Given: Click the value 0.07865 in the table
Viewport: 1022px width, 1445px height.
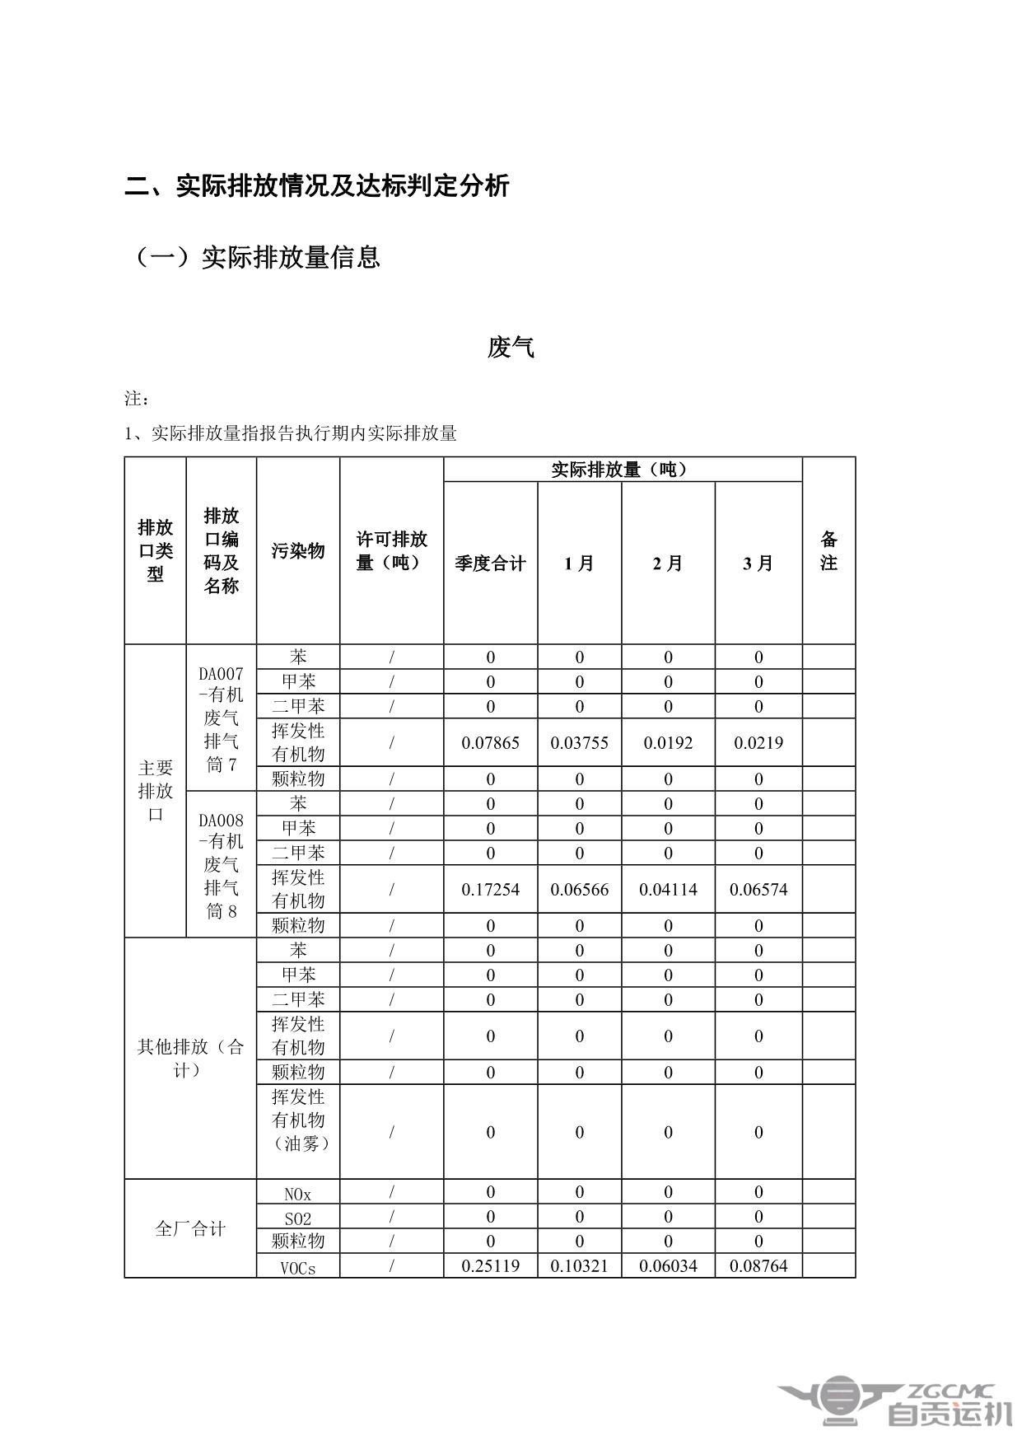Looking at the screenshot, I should [x=490, y=742].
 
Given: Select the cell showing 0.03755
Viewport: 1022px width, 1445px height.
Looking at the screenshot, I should [x=579, y=742].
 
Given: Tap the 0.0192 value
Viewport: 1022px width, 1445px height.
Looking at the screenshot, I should [x=668, y=742].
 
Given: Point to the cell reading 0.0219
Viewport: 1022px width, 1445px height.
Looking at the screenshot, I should [x=758, y=742].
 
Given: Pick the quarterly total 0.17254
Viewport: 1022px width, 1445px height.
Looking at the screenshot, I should [x=490, y=889].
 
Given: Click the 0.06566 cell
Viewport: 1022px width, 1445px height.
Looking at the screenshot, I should [x=579, y=889].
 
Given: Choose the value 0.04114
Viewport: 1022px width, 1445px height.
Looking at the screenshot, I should [x=668, y=889].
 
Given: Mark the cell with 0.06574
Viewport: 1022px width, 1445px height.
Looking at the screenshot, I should [x=758, y=889].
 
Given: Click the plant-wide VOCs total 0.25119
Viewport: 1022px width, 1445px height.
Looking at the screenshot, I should [x=490, y=1265].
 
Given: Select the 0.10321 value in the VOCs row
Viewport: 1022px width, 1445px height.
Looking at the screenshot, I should [x=579, y=1265].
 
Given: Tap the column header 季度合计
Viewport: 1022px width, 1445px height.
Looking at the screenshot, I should [x=490, y=564].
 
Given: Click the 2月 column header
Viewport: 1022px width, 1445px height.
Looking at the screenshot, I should [x=668, y=564].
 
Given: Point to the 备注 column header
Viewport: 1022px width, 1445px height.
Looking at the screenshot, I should [x=828, y=551].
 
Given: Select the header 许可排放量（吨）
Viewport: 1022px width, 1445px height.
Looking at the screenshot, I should [x=391, y=551].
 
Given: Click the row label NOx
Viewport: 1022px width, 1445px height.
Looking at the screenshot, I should [x=297, y=1193].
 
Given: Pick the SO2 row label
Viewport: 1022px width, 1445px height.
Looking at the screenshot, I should [x=297, y=1218].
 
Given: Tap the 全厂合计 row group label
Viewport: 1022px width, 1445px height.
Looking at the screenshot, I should [x=190, y=1229].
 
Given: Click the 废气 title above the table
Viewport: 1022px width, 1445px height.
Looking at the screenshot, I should [x=511, y=348].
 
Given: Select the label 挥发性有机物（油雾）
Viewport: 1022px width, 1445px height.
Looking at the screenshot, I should [x=298, y=1120].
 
